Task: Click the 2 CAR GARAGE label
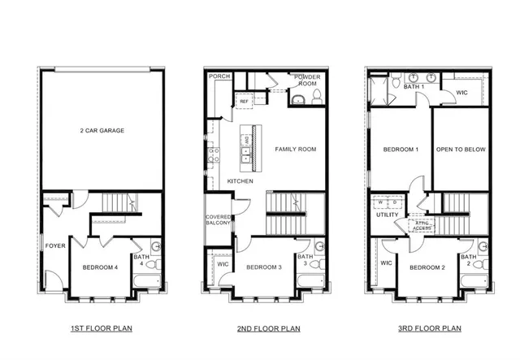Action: [102, 130]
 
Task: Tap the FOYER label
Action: [54, 245]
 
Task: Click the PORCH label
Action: [219, 76]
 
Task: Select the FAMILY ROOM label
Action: [296, 150]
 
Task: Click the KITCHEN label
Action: [240, 180]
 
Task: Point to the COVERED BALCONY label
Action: [219, 220]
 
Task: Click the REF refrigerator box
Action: [243, 102]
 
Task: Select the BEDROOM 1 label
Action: [401, 150]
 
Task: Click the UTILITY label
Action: [388, 215]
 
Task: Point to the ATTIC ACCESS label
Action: [422, 226]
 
